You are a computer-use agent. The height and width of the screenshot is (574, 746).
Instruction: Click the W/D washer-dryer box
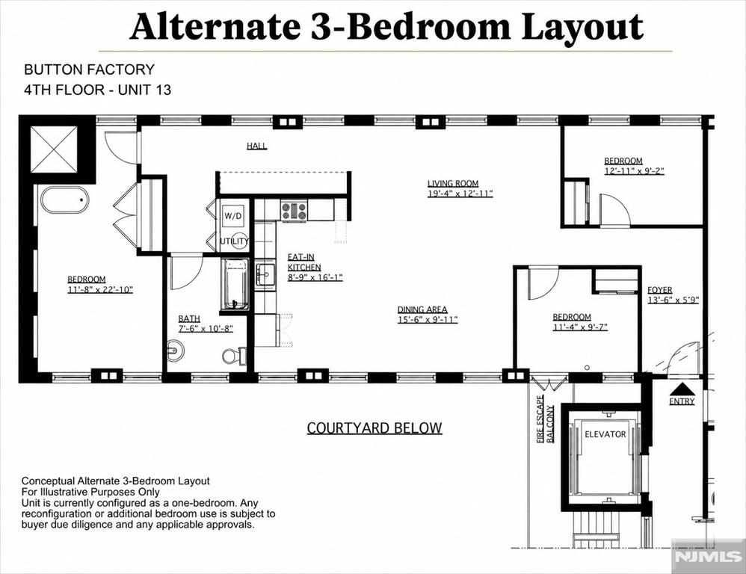pyautogui.click(x=233, y=216)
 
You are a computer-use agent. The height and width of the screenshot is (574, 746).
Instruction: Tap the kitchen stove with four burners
pyautogui.click(x=294, y=211)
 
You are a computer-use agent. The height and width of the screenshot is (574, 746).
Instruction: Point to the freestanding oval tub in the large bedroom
pyautogui.click(x=65, y=200)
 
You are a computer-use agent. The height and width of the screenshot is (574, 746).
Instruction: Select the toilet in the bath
pyautogui.click(x=234, y=355)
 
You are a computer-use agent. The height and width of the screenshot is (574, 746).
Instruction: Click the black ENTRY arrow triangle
pyautogui.click(x=682, y=389)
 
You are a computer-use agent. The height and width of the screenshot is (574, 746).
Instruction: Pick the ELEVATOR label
pyautogui.click(x=605, y=434)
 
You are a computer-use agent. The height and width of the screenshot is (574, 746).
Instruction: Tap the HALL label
pyautogui.click(x=257, y=146)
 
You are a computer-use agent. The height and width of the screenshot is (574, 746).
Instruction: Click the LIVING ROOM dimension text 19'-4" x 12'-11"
pyautogui.click(x=460, y=194)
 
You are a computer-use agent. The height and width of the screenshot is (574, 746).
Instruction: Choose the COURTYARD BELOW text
pyautogui.click(x=374, y=428)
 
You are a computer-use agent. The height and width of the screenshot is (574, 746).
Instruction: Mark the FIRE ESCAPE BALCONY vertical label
pyautogui.click(x=545, y=419)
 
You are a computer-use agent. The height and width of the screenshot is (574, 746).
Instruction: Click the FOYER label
pyautogui.click(x=660, y=290)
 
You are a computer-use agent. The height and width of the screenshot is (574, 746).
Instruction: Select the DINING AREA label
pyautogui.click(x=422, y=309)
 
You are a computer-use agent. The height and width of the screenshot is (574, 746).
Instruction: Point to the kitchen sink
pyautogui.click(x=265, y=274)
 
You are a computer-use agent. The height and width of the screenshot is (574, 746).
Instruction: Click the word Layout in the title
pyautogui.click(x=582, y=28)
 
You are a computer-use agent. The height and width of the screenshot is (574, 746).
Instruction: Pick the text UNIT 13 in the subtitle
pyautogui.click(x=144, y=90)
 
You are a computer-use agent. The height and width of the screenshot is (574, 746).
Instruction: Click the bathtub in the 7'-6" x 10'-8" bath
pyautogui.click(x=234, y=284)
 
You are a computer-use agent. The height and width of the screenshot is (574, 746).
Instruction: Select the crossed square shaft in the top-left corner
pyautogui.click(x=54, y=149)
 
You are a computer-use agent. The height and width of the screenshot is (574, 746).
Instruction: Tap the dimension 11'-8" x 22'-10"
pyautogui.click(x=100, y=289)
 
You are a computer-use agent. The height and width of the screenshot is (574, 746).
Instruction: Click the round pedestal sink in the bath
pyautogui.click(x=175, y=351)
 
